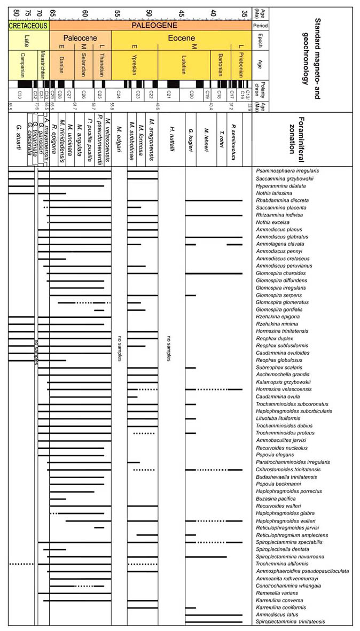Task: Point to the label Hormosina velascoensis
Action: (284, 389)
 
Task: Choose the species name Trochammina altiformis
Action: (281, 564)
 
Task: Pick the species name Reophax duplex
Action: (275, 339)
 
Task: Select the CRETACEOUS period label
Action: (28, 25)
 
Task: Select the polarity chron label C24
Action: (119, 95)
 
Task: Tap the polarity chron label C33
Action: (19, 95)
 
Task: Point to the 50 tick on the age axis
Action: (149, 13)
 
